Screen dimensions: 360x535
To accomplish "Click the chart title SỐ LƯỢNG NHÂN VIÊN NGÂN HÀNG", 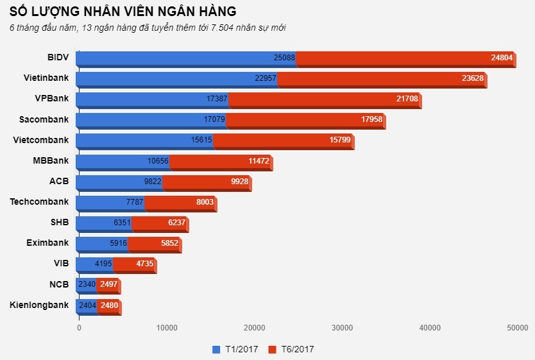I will (x=123, y=11).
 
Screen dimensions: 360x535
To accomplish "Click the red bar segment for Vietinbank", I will (x=381, y=78).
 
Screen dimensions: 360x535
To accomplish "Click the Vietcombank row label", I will (x=41, y=140).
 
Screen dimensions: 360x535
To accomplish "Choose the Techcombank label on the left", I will (x=39, y=201).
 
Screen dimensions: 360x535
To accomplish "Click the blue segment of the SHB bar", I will (x=103, y=223).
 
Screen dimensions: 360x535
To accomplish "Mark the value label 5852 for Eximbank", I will (x=169, y=243).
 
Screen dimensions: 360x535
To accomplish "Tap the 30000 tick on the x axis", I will (x=342, y=328).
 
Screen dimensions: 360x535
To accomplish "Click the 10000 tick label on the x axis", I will (x=167, y=328).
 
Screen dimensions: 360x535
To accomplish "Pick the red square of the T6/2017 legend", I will (x=272, y=349).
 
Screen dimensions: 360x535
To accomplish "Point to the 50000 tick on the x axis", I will (x=517, y=328).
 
